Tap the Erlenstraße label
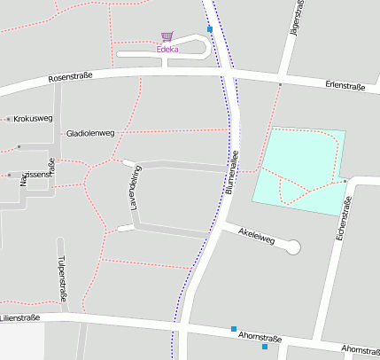[x=345, y=85]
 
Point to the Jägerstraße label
[x=298, y=19]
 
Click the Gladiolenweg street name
[x=90, y=133]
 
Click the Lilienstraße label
[x=21, y=317]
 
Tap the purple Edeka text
[x=167, y=50]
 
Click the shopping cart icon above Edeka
[x=167, y=37]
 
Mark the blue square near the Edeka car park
[x=210, y=29]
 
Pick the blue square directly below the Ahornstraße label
[x=264, y=347]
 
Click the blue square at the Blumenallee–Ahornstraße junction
[x=234, y=329]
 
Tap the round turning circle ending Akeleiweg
[x=292, y=247]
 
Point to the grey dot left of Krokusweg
[x=8, y=119]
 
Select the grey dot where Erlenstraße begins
[x=280, y=84]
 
